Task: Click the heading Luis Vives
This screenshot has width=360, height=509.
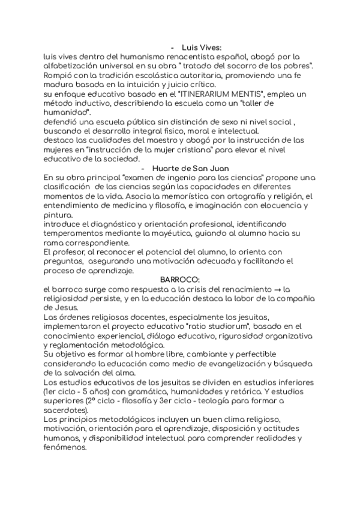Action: (202, 46)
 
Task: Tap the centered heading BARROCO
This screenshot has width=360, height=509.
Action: (179, 280)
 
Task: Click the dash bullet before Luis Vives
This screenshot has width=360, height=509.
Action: (173, 46)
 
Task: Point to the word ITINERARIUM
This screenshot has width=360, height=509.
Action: (207, 95)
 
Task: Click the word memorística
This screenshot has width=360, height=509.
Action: (178, 197)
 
